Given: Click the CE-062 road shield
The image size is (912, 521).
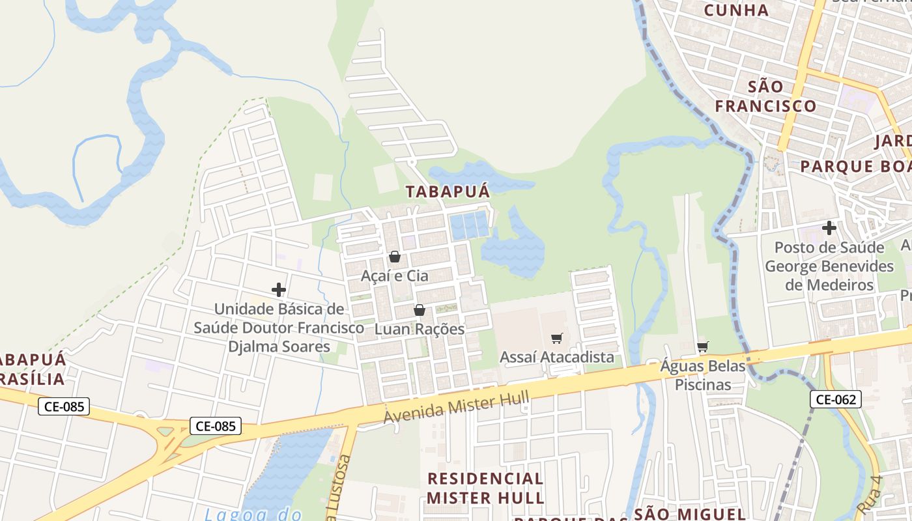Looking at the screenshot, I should (836, 399).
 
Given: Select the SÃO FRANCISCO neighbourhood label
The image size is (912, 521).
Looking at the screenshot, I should (765, 96).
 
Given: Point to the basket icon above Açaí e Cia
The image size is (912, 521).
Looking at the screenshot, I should (394, 257).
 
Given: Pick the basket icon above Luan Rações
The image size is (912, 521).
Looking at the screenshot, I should (420, 310).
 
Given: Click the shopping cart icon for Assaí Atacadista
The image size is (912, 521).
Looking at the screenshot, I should (556, 338).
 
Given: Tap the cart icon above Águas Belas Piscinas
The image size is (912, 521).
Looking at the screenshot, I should (702, 346).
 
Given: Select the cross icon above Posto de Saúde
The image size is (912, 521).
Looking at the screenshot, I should (829, 228).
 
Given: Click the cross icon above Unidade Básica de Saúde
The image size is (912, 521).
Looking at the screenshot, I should (279, 290).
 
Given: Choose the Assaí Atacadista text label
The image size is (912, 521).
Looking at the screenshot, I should (556, 357).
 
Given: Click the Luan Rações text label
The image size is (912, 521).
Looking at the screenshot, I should (420, 329).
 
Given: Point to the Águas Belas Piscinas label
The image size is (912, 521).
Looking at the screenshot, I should (702, 375).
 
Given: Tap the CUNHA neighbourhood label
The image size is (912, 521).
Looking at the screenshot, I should (736, 10).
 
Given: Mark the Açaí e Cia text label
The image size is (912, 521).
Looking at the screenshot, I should (395, 275).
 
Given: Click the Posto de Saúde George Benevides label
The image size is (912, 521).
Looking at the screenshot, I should (829, 266).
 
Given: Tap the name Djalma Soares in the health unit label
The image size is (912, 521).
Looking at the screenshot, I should (279, 346).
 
